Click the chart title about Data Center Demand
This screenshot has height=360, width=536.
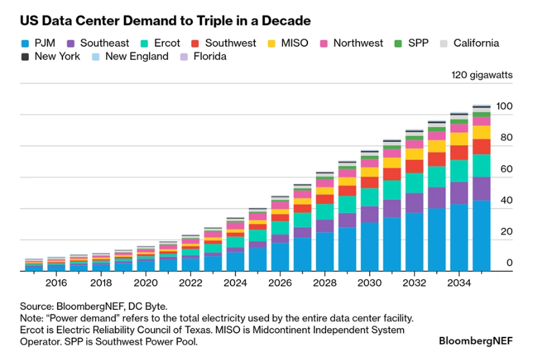165,21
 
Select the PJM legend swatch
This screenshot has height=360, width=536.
25,44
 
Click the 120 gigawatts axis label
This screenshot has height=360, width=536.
482,75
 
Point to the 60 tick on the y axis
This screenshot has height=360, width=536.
506,169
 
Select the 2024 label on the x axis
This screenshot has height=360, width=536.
236,282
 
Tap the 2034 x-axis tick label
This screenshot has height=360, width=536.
459,282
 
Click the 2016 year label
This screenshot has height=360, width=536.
56,282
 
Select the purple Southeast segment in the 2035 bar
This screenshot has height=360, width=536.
481,189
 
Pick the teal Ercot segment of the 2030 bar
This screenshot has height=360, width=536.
369,197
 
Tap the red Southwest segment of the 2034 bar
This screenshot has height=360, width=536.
459,152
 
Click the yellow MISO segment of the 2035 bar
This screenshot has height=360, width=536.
481,132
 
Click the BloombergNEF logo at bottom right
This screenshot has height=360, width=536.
476,341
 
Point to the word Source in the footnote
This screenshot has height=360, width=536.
36,307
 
